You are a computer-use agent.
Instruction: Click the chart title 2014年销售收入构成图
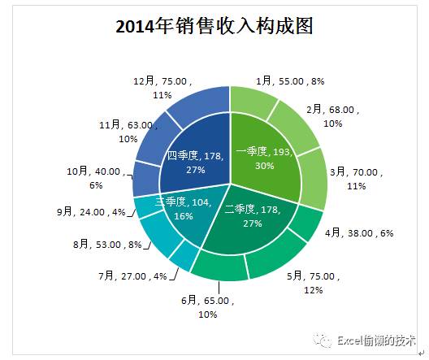[214, 26]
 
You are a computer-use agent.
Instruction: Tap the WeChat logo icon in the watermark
[323, 340]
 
